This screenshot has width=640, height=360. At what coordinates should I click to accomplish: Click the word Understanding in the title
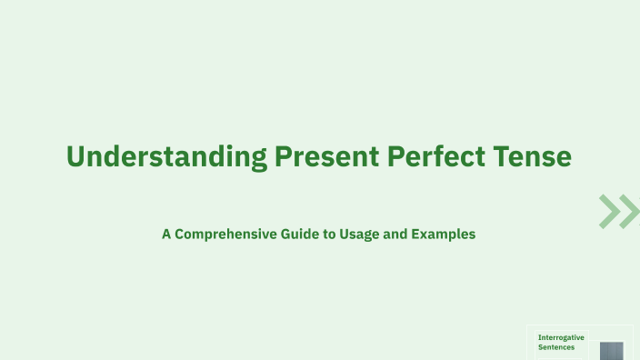pyautogui.click(x=167, y=156)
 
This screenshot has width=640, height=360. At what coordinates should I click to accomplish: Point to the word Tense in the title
pyautogui.click(x=535, y=156)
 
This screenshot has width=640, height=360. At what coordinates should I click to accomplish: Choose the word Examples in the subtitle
pyautogui.click(x=443, y=234)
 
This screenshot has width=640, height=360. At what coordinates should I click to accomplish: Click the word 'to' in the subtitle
pyautogui.click(x=331, y=234)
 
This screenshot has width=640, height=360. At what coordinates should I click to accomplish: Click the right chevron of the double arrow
pyautogui.click(x=630, y=211)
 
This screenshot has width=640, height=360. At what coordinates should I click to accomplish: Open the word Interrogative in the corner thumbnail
pyautogui.click(x=561, y=337)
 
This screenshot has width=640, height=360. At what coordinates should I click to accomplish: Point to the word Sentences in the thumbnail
pyautogui.click(x=555, y=346)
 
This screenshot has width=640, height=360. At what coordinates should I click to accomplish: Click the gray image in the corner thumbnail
pyautogui.click(x=612, y=351)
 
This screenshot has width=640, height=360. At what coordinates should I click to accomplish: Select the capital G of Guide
pyautogui.click(x=286, y=234)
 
